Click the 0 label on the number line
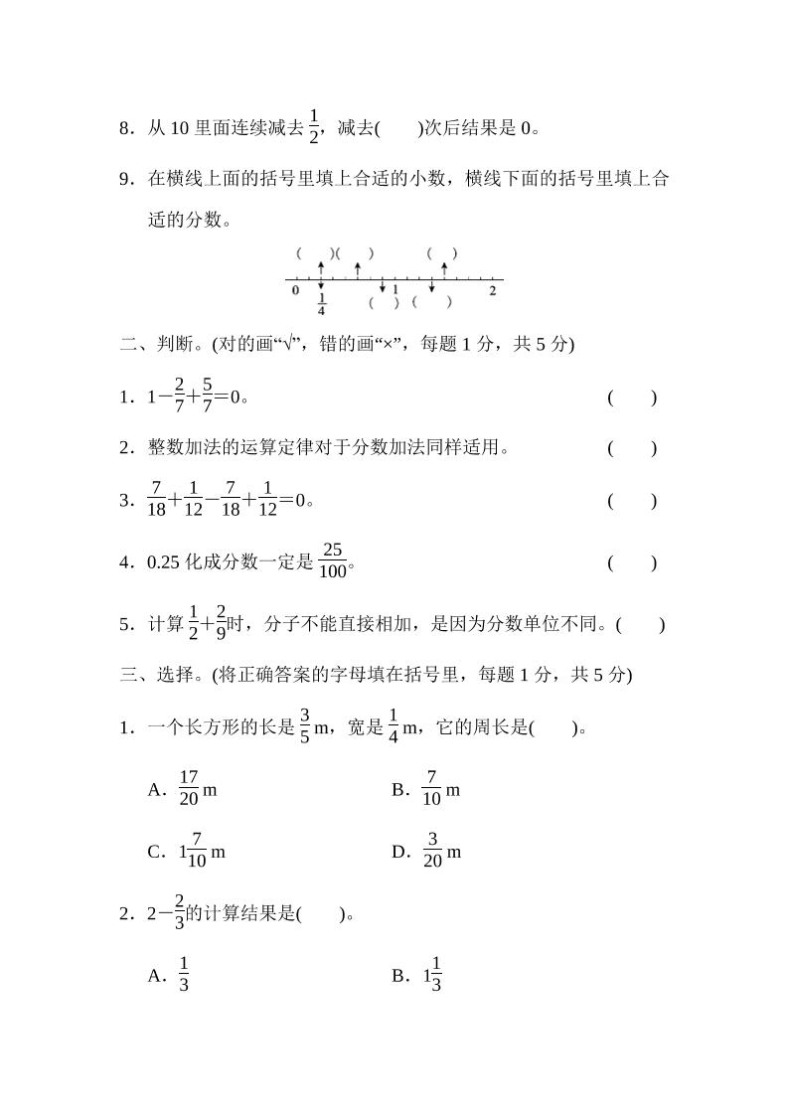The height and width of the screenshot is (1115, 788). point(295,290)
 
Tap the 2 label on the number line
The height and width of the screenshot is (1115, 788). point(492,290)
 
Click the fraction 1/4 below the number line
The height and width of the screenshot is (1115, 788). point(321,303)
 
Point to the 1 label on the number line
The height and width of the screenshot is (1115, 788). point(394,290)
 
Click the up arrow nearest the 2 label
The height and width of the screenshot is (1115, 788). point(443,268)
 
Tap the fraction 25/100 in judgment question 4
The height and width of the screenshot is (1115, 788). point(333,562)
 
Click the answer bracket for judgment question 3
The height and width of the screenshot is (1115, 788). point(632,501)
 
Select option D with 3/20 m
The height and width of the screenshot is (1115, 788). point(440,853)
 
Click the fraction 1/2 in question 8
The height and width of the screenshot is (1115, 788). point(315,126)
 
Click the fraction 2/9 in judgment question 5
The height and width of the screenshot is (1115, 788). point(221,624)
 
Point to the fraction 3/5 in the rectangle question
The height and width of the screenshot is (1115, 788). point(305,728)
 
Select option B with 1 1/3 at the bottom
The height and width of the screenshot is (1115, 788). point(431,976)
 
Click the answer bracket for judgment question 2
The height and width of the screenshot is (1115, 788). point(632,448)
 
